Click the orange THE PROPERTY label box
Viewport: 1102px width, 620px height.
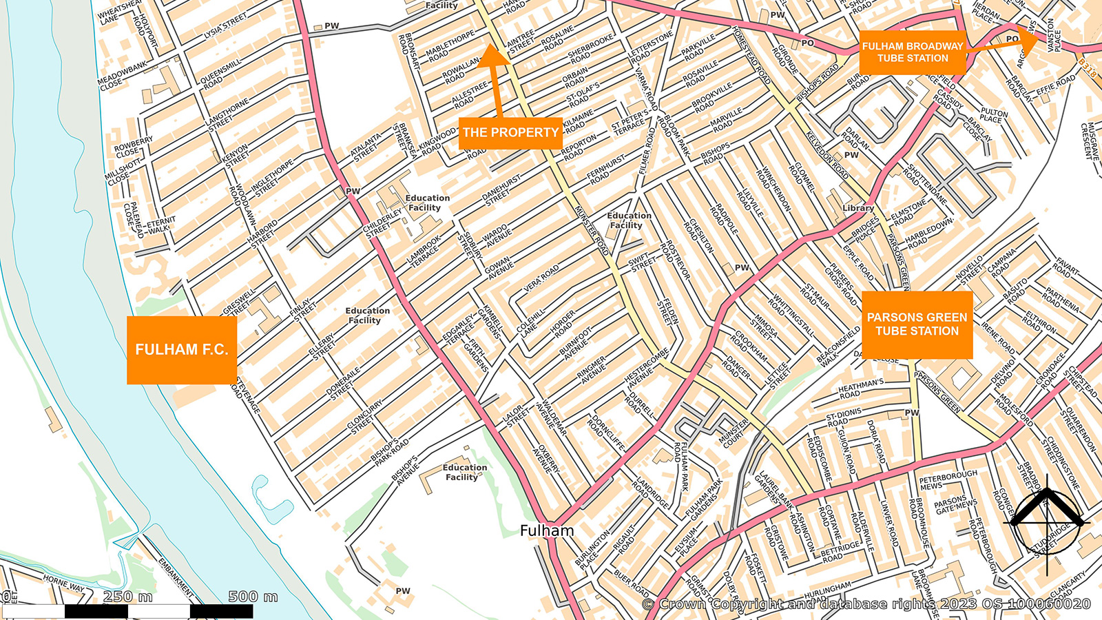pyautogui.click(x=510, y=133)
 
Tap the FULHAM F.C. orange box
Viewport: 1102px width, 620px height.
pyautogui.click(x=182, y=350)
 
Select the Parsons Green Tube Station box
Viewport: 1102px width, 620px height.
pyautogui.click(x=917, y=324)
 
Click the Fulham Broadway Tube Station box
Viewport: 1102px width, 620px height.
pyautogui.click(x=913, y=52)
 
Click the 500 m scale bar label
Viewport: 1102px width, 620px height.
pyautogui.click(x=253, y=597)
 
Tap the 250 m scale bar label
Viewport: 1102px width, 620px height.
pyautogui.click(x=128, y=597)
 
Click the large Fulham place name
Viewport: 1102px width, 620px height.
pyautogui.click(x=547, y=530)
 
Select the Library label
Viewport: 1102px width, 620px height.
pyautogui.click(x=858, y=208)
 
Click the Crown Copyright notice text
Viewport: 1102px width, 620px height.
pyautogui.click(x=866, y=604)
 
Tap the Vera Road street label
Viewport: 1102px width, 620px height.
pyautogui.click(x=542, y=277)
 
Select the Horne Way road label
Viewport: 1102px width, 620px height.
pyautogui.click(x=63, y=583)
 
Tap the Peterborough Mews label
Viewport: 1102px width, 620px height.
pyautogui.click(x=948, y=480)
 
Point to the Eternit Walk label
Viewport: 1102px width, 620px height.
pyautogui.click(x=160, y=225)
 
